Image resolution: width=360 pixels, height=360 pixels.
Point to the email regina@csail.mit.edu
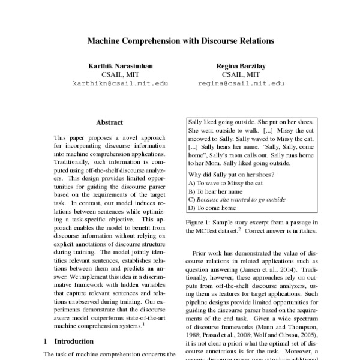click(241, 84)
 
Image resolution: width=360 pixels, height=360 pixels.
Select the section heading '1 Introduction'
click(65, 341)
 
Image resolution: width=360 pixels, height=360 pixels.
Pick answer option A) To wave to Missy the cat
click(225, 183)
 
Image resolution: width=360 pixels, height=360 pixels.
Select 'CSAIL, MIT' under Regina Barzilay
click(241, 74)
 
